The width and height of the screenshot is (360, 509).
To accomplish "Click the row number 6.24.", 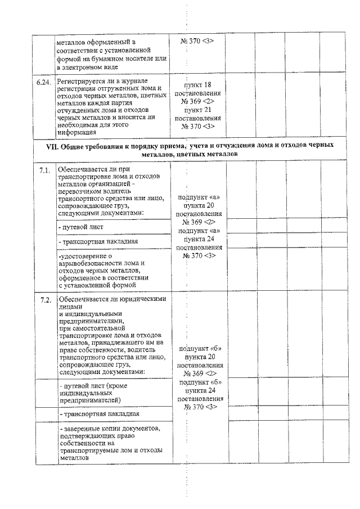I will tap(43, 83).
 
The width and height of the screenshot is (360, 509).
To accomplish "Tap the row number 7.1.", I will tap(45, 169).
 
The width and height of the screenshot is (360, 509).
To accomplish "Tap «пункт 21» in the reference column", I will tap(197, 110).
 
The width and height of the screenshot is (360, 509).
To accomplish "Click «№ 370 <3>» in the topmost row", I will tap(197, 41).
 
